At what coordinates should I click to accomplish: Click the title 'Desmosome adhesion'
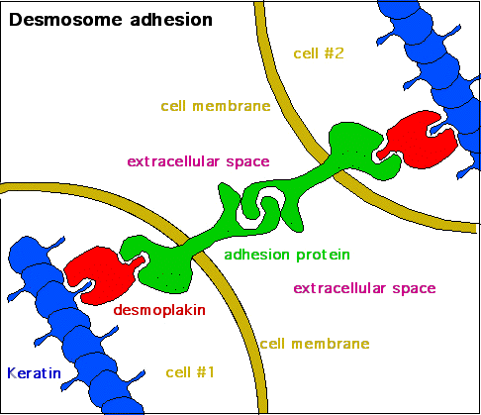tap(97, 19)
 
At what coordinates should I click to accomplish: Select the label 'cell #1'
tap(191, 372)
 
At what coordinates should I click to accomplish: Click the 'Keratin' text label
tap(34, 373)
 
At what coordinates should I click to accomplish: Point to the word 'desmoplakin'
tap(158, 309)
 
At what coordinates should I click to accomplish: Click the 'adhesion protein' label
tap(287, 255)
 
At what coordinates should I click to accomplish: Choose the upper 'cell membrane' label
tap(215, 106)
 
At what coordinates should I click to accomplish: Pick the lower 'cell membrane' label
tap(314, 344)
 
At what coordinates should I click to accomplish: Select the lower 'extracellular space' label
tap(364, 288)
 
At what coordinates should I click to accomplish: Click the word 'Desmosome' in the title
tap(60, 19)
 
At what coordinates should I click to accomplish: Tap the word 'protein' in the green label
tap(325, 255)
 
